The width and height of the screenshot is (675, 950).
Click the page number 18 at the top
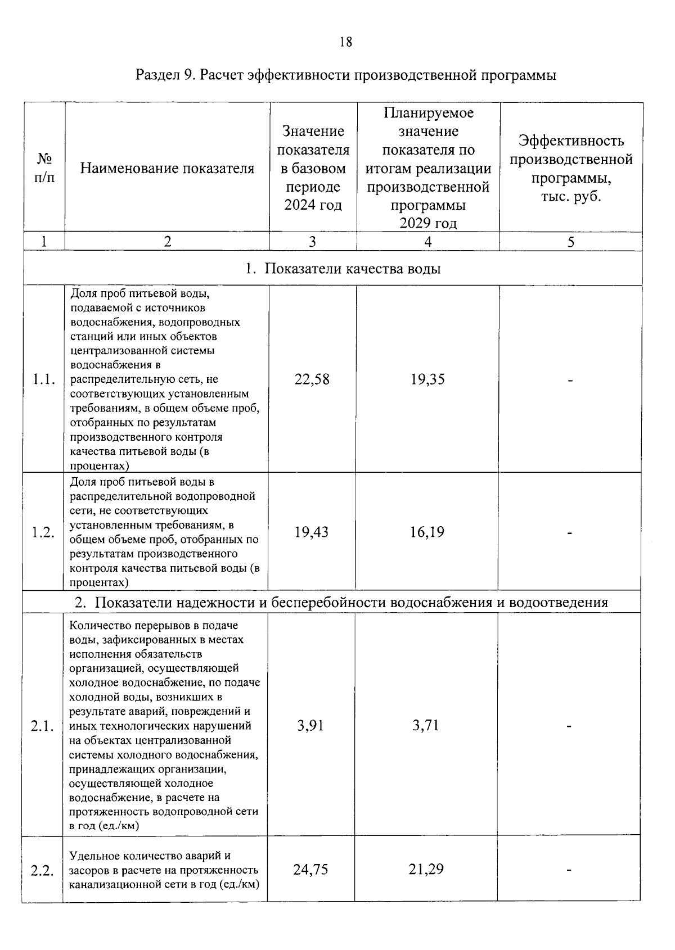[x=346, y=42]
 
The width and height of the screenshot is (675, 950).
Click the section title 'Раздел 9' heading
[x=346, y=75]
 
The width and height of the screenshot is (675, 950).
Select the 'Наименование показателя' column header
[x=167, y=168]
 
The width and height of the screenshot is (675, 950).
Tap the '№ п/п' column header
[x=44, y=168]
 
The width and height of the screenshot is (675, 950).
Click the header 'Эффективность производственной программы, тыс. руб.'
[x=571, y=168]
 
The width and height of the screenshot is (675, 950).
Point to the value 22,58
[x=312, y=379]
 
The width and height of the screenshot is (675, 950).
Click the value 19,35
[x=427, y=379]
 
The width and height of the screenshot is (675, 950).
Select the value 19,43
[x=312, y=532]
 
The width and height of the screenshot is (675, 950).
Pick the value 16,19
[x=427, y=532]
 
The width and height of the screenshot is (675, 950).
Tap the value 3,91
[x=310, y=725]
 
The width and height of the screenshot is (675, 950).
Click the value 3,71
[x=425, y=725]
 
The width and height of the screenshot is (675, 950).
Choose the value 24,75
[x=310, y=870]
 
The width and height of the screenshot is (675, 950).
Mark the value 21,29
[x=426, y=870]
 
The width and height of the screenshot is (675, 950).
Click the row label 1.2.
[x=43, y=532]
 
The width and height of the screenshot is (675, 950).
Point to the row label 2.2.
[x=42, y=871]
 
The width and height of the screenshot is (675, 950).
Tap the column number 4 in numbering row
[x=428, y=242]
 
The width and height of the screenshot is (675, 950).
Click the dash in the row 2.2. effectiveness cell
[x=569, y=871]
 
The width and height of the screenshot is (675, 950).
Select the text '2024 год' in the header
[x=313, y=205]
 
